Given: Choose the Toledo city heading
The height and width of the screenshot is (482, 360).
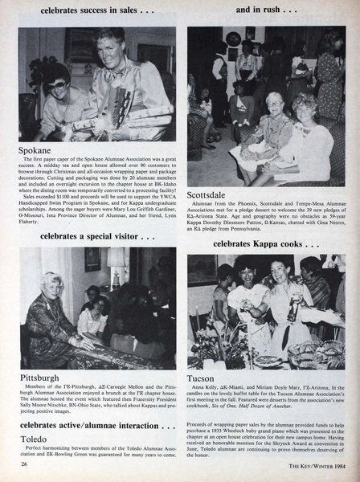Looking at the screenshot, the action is pyautogui.click(x=35, y=439).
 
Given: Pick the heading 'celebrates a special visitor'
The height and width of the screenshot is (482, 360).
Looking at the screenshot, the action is pyautogui.click(x=92, y=236).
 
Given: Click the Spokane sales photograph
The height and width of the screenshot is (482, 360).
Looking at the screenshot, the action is pyautogui.click(x=96, y=84).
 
